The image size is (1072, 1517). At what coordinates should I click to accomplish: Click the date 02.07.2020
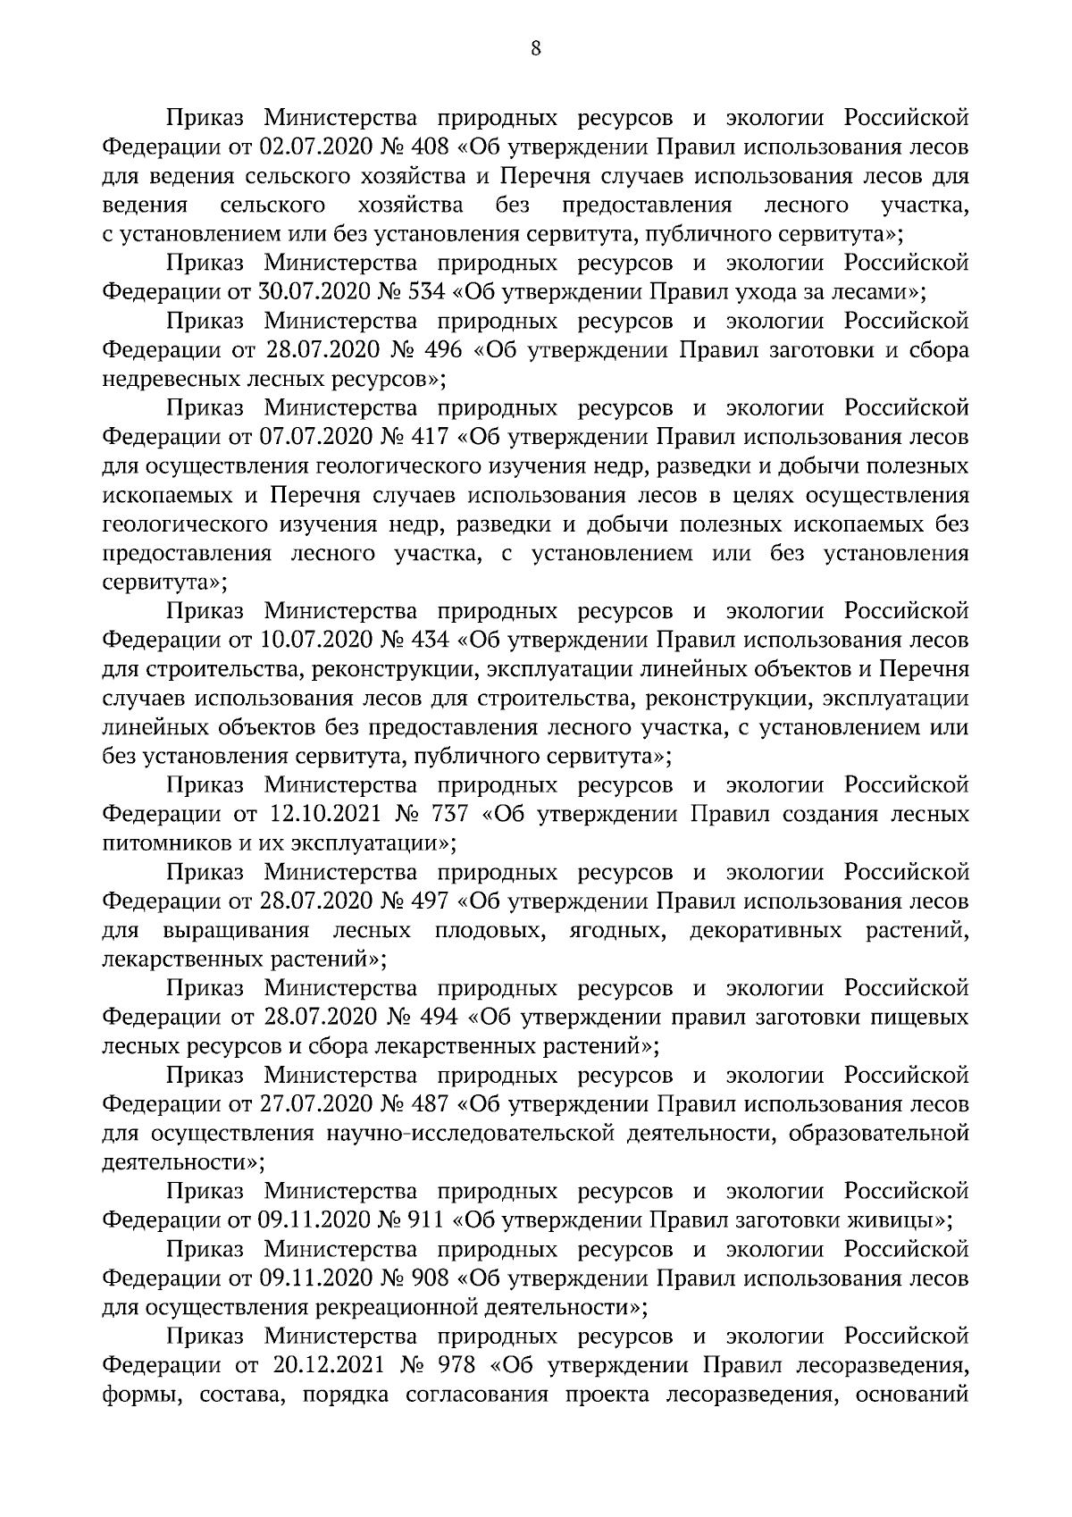pos(306,147)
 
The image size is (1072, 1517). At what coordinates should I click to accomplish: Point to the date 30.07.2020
pos(306,291)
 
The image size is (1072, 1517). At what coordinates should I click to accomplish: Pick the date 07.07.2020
pos(306,437)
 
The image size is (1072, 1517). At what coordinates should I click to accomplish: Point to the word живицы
pos(892,1219)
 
